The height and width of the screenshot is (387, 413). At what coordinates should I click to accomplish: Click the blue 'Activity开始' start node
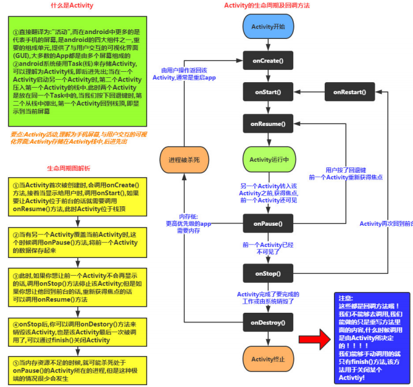point(268,27)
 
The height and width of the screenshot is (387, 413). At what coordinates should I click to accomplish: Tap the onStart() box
point(268,92)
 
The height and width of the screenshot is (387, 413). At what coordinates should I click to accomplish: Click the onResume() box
point(268,124)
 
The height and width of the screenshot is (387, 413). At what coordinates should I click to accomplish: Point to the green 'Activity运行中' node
point(268,159)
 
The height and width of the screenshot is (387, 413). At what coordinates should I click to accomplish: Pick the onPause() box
point(268,223)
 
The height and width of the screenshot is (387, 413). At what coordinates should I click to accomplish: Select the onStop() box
point(268,272)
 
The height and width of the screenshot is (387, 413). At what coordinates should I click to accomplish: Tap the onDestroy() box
point(268,322)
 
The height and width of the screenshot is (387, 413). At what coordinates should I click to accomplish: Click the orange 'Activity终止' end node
point(268,359)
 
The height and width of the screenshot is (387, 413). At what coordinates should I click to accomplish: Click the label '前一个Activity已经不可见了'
point(269,249)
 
